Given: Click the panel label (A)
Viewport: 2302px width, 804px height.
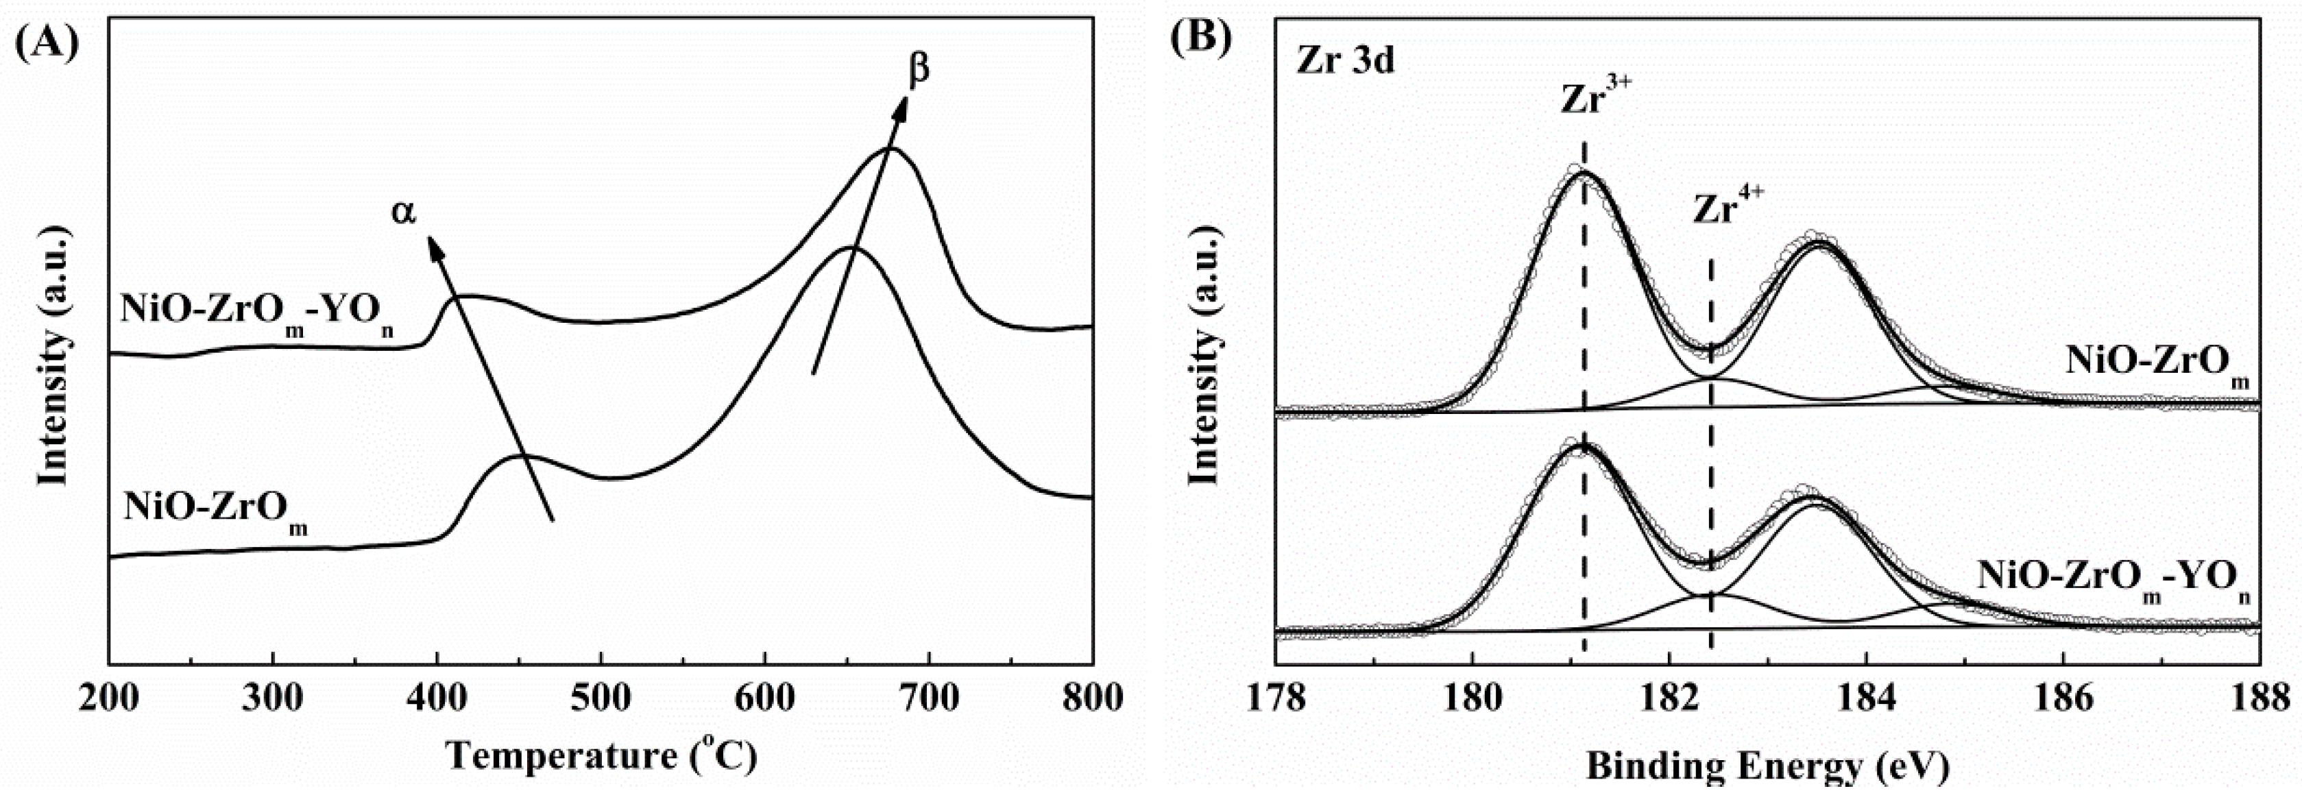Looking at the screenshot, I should pos(47,41).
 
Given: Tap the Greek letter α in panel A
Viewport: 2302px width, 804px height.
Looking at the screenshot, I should pos(404,212).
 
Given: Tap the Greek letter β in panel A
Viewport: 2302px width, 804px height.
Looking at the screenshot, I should pos(918,68).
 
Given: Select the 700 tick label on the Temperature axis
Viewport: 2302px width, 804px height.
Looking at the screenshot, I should pos(930,698).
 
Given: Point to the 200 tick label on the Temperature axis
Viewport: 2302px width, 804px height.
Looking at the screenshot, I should pos(109,698).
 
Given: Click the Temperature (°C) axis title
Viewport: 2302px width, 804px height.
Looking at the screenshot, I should pos(601,756).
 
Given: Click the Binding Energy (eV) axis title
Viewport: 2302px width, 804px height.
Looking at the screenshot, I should pos(1767,766).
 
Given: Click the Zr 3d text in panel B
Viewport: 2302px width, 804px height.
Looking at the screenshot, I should pos(1343,61).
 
